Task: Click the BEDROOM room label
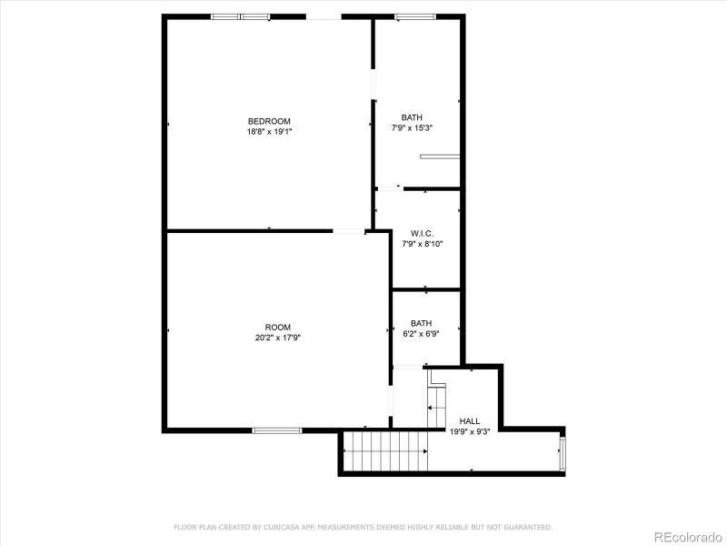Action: tap(269, 121)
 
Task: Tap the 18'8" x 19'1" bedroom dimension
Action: tap(269, 131)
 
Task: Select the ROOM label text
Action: tap(277, 328)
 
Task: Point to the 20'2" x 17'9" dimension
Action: tap(277, 338)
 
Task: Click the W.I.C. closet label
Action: tap(422, 233)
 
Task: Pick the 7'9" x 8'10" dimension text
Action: tap(422, 243)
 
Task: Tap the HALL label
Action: tap(470, 420)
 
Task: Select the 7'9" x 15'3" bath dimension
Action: tap(412, 127)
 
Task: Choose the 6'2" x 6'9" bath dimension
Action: tap(421, 333)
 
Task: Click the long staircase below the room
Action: tap(384, 451)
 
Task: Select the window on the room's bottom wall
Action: tap(276, 430)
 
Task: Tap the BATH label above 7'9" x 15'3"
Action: tap(412, 117)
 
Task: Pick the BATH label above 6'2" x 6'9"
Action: tap(421, 323)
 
